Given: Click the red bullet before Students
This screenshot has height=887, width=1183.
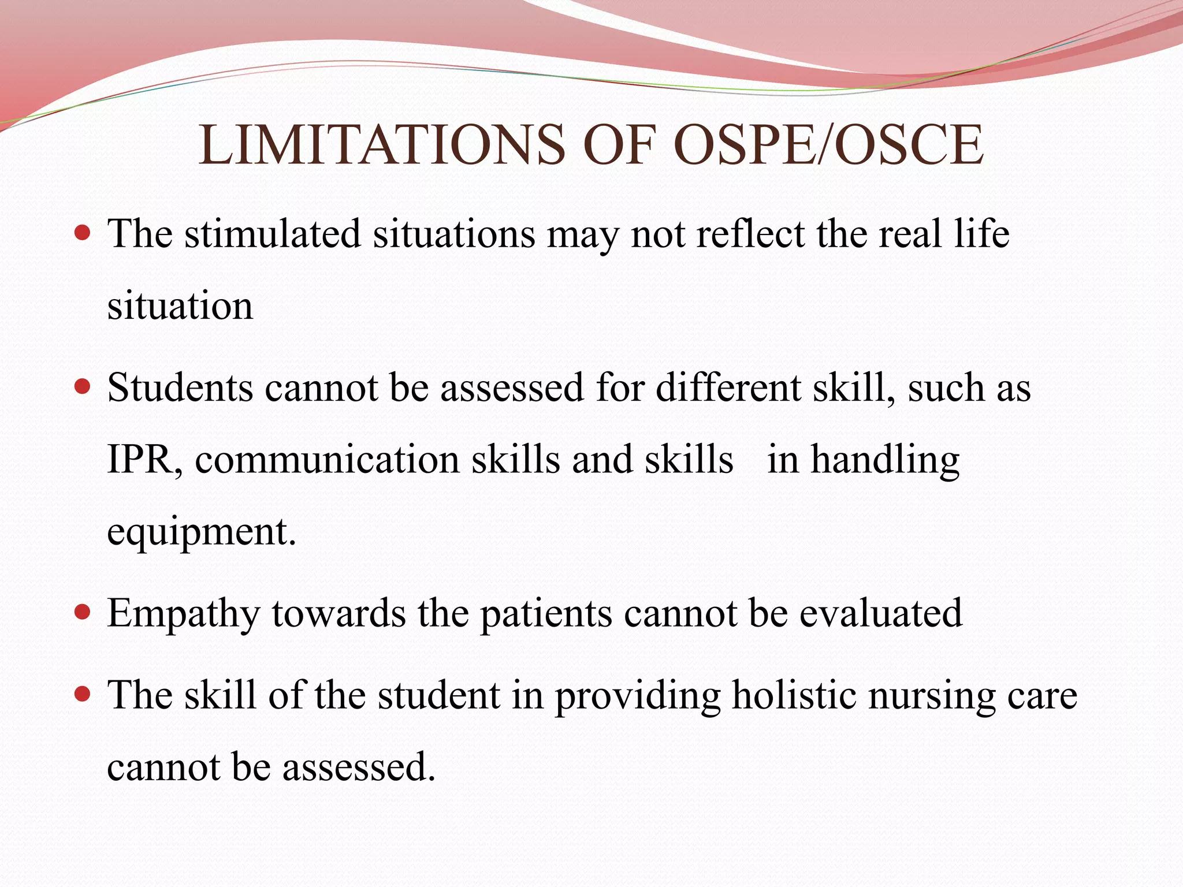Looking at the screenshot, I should [x=83, y=386].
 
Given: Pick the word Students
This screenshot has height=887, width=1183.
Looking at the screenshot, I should [x=180, y=387].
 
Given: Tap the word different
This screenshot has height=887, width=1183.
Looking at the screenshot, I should [x=728, y=387].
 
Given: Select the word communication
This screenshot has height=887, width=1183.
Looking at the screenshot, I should [x=327, y=460].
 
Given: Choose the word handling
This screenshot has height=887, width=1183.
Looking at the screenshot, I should [x=885, y=460].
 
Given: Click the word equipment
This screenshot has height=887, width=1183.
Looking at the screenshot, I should [x=201, y=532].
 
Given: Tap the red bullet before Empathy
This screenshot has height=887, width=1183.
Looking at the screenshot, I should [x=83, y=612].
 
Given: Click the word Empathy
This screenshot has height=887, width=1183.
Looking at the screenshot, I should [x=183, y=614].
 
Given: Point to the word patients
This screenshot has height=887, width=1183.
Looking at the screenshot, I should [x=546, y=614].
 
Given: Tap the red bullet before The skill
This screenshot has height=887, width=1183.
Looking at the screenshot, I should [x=83, y=694].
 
